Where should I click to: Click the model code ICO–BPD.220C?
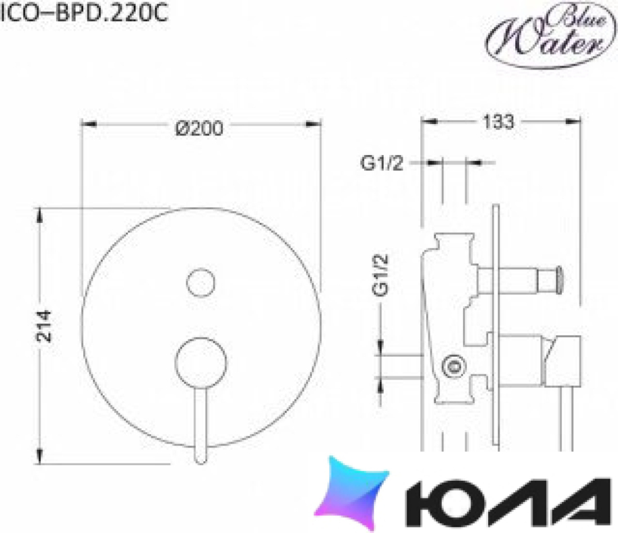pyautogui.click(x=84, y=13)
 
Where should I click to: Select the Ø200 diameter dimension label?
pyautogui.click(x=199, y=129)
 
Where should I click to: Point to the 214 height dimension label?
pyautogui.click(x=44, y=326)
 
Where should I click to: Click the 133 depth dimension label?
pyautogui.click(x=498, y=122)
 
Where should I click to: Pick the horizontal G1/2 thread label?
pyautogui.click(x=382, y=163)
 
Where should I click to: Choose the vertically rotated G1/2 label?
pyautogui.click(x=381, y=275)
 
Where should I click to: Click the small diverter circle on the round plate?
pyautogui.click(x=201, y=283)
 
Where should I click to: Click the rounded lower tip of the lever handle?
pyautogui.click(x=201, y=458)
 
